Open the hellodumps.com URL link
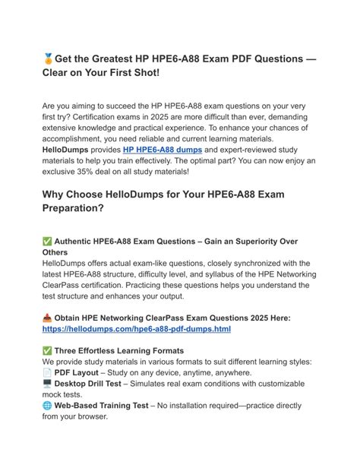point(137,329)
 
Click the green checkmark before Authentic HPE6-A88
point(47,241)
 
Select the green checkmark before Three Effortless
point(47,350)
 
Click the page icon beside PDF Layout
point(47,372)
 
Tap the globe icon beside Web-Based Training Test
point(47,406)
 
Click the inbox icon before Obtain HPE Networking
point(47,318)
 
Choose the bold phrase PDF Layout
point(82,372)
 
